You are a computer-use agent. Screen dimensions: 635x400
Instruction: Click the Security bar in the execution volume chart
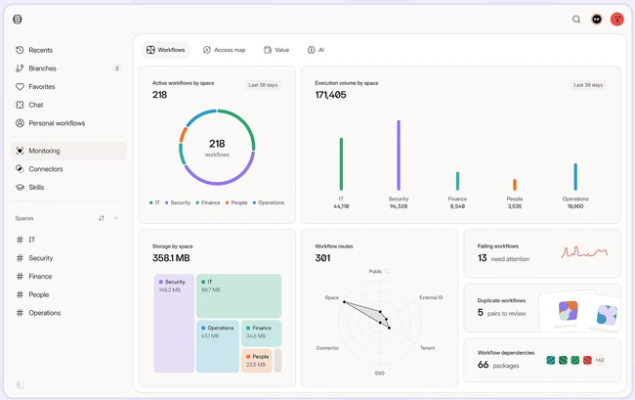(399, 155)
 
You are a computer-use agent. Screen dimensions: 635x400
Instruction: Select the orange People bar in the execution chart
(515, 185)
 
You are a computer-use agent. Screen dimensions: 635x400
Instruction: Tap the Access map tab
(224, 50)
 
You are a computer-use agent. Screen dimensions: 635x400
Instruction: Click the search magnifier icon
(575, 19)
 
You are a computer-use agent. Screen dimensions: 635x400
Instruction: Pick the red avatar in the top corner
(616, 19)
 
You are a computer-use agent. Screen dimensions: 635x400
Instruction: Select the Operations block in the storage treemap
(218, 346)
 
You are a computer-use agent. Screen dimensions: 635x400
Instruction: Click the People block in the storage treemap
(257, 360)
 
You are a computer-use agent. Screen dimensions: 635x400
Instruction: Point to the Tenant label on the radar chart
(427, 348)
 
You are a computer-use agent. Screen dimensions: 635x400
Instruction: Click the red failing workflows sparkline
(584, 252)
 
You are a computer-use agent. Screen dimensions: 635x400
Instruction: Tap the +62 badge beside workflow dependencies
(600, 360)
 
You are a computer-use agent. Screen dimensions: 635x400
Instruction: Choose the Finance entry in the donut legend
(208, 202)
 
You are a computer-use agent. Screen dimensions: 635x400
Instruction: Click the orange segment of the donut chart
(183, 135)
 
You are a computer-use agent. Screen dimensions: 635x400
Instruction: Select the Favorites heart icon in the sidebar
(20, 86)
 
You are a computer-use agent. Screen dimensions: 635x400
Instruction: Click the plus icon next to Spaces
(116, 218)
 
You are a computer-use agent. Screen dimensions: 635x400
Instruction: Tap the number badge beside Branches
(117, 68)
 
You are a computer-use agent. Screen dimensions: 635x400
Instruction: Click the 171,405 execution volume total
(330, 95)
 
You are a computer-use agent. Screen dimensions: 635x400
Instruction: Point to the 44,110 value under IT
(341, 206)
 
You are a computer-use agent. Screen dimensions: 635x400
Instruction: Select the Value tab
(276, 50)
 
